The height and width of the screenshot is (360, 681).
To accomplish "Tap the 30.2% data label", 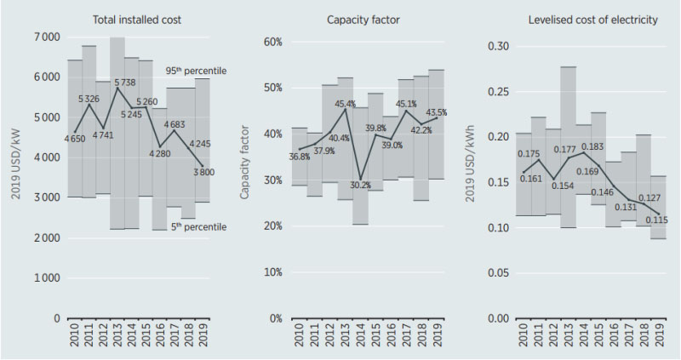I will [363, 186].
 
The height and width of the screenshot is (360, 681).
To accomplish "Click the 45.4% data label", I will [343, 105].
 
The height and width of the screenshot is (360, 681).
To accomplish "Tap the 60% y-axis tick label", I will [269, 42].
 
